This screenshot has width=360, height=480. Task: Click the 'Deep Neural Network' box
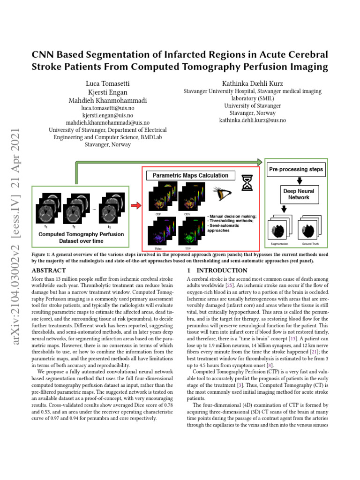pyautogui.click(x=299, y=194)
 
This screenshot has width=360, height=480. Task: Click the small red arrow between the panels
pyautogui.click(x=135, y=205)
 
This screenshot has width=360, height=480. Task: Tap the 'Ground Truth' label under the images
pyautogui.click(x=310, y=244)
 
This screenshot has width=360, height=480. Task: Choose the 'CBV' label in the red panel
pyautogui.click(x=187, y=213)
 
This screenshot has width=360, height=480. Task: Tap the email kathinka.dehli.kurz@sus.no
pyautogui.click(x=252, y=120)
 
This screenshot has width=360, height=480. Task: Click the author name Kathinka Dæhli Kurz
pyautogui.click(x=252, y=83)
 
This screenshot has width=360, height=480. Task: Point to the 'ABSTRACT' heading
pyautogui.click(x=48, y=270)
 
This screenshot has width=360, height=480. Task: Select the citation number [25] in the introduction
pyautogui.click(x=241, y=285)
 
